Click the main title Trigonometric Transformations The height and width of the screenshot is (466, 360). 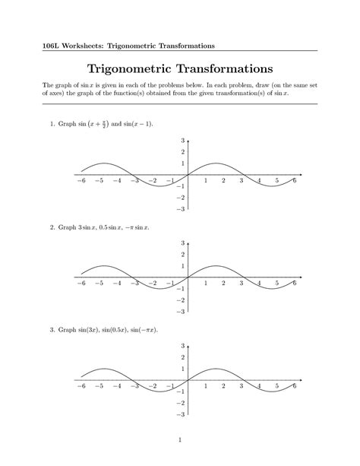pos(180,71)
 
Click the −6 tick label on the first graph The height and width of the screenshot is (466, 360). pos(81,180)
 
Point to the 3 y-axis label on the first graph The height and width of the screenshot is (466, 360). pos(182,141)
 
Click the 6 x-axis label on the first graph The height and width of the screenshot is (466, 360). pos(295,180)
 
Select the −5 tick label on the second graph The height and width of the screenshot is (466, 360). pos(99,283)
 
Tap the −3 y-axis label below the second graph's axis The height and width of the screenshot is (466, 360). pos(180,312)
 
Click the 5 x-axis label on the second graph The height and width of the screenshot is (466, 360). pos(276,283)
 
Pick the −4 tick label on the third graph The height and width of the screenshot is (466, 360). pos(117,386)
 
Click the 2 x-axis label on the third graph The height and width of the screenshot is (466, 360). pos(223,386)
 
